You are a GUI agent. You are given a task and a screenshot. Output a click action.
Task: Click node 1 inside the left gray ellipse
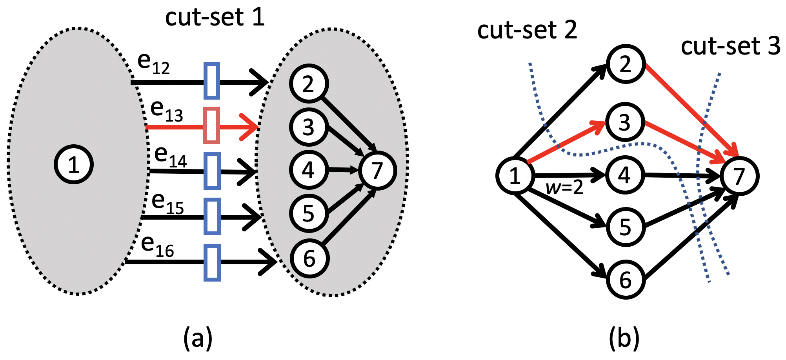[x=74, y=164]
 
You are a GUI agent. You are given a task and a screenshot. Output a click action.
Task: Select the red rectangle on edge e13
[x=212, y=125]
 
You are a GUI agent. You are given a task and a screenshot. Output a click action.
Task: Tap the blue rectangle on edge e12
[x=212, y=80]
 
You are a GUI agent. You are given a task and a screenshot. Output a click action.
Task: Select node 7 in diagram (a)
[x=377, y=171]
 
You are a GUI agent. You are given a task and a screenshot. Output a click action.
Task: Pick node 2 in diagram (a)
[x=309, y=84]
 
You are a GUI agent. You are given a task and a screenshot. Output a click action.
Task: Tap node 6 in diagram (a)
[x=309, y=258]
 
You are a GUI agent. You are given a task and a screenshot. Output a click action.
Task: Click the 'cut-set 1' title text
[x=215, y=17]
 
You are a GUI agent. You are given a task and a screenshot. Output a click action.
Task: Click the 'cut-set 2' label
[x=527, y=30]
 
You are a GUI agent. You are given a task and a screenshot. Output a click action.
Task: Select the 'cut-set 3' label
[x=730, y=46]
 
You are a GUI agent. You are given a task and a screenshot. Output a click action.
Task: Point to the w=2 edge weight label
[x=564, y=188]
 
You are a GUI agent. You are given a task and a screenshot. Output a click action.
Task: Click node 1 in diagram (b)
[x=515, y=176]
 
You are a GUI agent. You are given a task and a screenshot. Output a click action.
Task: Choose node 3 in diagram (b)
[x=625, y=122]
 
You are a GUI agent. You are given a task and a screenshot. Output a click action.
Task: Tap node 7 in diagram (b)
[x=739, y=176]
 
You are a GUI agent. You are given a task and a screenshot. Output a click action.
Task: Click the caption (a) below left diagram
[x=198, y=338]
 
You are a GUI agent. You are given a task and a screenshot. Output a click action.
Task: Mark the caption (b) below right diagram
[x=624, y=338]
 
